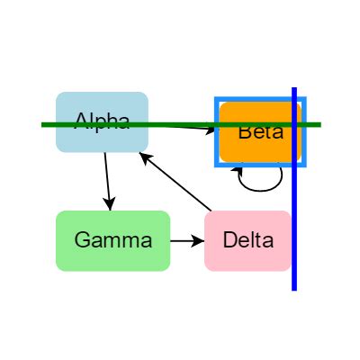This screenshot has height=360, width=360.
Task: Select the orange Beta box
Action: tap(260, 144)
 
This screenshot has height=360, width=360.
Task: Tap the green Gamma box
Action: tap(112, 240)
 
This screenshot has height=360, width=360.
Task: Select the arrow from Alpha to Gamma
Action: tap(107, 180)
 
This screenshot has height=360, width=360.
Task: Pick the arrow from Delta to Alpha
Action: tap(175, 184)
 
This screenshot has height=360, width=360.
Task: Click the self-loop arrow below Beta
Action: tap(261, 184)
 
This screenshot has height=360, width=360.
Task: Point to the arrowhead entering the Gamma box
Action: tap(109, 204)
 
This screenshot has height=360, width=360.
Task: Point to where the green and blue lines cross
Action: tap(294, 124)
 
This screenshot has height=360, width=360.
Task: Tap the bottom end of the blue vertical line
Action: tap(294, 289)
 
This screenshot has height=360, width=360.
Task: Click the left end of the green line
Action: tap(43, 124)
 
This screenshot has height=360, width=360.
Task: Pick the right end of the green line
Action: tap(319, 124)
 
